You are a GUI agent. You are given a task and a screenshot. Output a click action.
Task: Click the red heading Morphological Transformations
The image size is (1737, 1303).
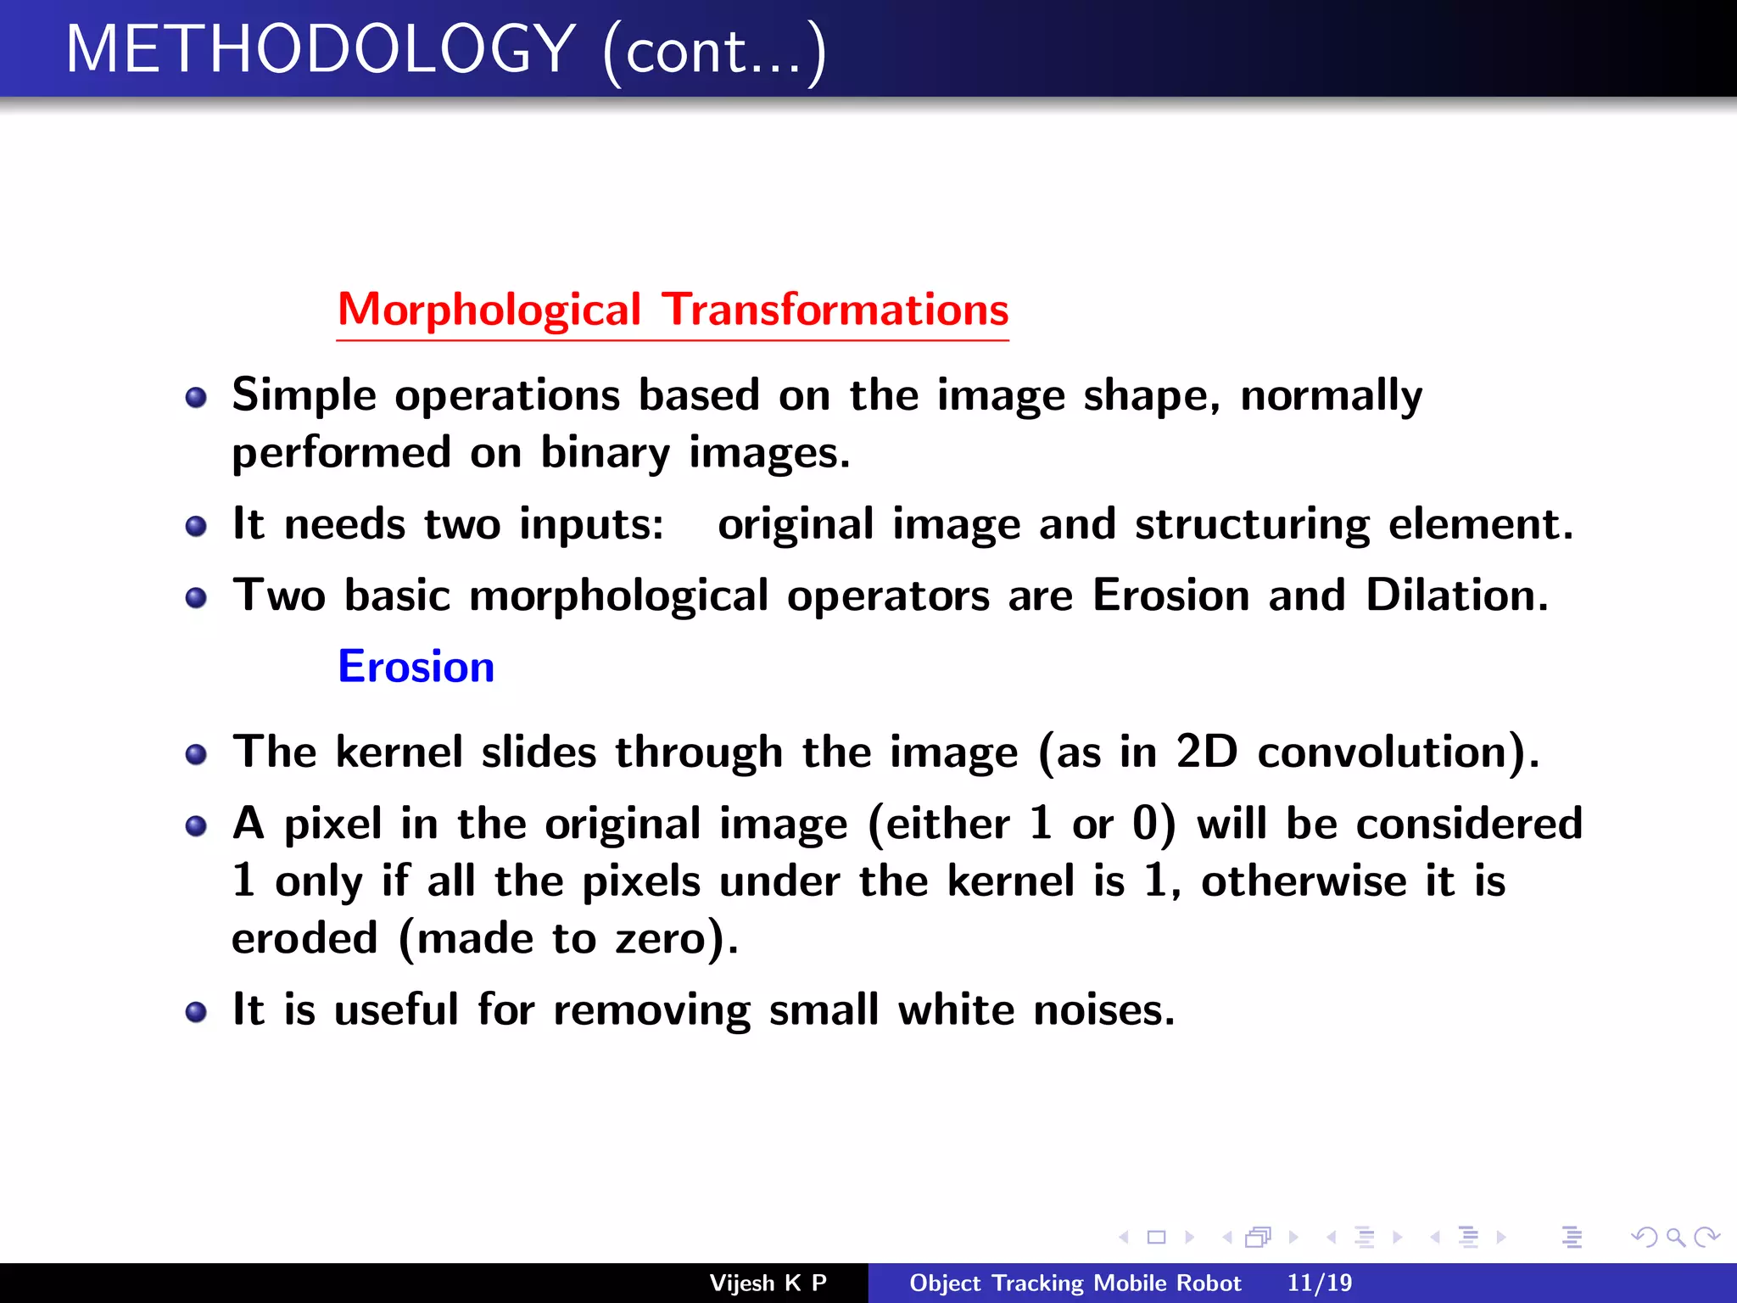pos(673,310)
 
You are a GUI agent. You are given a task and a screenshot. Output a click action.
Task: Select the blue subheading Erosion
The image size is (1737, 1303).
pos(416,667)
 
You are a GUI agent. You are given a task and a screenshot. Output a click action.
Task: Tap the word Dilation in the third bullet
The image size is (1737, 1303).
pos(1456,595)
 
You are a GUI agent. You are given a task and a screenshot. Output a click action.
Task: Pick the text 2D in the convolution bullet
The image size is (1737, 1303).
pos(1206,752)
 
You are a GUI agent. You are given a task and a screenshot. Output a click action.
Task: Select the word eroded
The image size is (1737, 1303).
pos(304,938)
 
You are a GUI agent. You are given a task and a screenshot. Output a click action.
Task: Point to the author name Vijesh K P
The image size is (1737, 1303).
pos(768,1283)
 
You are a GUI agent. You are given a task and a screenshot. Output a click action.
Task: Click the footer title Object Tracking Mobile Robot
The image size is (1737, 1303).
pos(1075,1283)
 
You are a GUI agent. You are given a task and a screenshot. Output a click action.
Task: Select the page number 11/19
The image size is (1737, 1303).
pos(1319,1283)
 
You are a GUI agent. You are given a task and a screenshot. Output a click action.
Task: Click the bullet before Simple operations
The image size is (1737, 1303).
pos(196,398)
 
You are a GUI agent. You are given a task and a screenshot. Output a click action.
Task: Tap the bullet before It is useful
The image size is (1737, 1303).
pos(196,1011)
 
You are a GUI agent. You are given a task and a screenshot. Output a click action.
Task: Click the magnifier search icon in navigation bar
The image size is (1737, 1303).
pos(1675,1237)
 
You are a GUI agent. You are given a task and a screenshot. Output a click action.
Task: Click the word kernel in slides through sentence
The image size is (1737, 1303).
pos(399,752)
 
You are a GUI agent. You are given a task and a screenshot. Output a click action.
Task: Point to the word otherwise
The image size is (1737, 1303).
pos(1304,881)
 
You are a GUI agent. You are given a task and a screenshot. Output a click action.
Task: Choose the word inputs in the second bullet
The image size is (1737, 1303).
pos(590,524)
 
